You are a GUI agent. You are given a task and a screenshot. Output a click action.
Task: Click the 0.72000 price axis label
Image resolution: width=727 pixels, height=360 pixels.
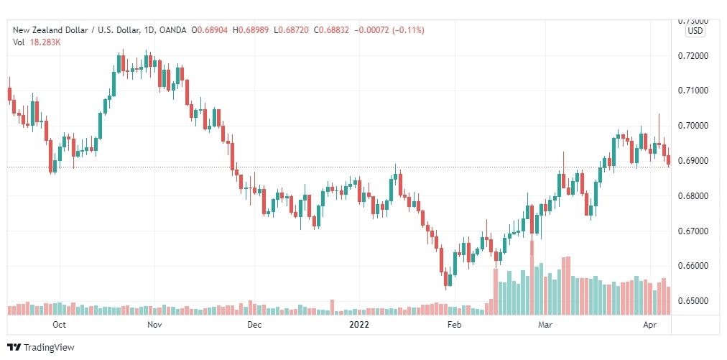(x=694, y=56)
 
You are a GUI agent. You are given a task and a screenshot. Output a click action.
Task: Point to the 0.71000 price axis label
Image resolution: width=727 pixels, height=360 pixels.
(x=694, y=91)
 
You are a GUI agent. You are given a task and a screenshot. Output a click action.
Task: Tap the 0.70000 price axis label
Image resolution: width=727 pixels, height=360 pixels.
(x=694, y=126)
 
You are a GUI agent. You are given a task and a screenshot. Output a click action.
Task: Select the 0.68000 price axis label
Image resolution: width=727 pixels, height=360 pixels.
(x=694, y=196)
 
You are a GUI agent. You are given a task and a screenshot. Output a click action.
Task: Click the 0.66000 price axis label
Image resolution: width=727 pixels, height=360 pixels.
(x=694, y=266)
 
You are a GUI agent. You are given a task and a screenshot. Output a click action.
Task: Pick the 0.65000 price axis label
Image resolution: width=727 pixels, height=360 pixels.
(x=694, y=301)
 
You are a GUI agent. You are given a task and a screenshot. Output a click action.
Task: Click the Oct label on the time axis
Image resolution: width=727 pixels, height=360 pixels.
(x=60, y=325)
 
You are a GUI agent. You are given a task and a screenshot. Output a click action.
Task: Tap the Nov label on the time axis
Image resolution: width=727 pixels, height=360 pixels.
(x=154, y=325)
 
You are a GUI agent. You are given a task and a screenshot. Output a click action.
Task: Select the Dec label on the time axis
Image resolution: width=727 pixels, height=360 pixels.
(x=254, y=325)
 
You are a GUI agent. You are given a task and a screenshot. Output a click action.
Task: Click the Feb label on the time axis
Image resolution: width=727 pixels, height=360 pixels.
(x=453, y=325)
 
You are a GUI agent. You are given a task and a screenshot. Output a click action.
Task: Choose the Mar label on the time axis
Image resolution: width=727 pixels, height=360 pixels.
(x=547, y=325)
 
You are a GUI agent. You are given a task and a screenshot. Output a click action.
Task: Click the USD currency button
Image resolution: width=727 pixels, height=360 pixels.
(x=695, y=31)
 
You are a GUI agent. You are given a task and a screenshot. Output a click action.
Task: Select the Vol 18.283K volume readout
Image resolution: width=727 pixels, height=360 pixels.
(x=37, y=42)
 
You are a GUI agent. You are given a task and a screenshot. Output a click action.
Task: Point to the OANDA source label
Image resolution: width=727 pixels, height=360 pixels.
(x=172, y=30)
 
